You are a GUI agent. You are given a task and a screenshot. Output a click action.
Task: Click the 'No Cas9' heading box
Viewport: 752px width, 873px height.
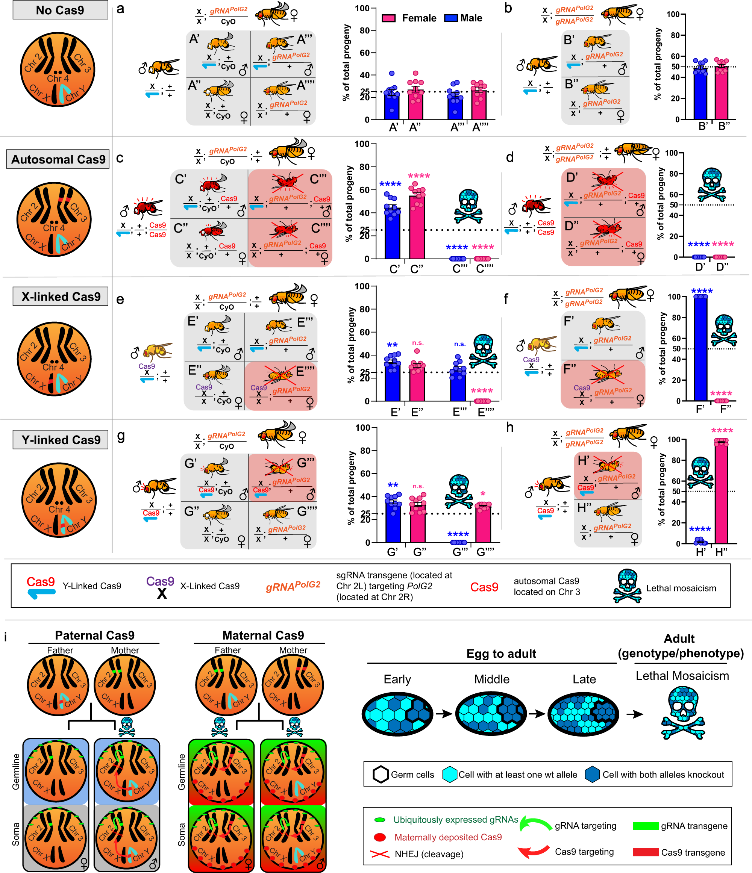tap(60, 10)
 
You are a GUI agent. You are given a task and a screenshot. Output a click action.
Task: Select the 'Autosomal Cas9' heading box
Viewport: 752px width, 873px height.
tap(58, 159)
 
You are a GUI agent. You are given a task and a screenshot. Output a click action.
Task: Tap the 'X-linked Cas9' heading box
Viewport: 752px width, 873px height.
tap(60, 297)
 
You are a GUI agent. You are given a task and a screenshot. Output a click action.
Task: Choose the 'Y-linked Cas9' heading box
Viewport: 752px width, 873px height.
tap(60, 440)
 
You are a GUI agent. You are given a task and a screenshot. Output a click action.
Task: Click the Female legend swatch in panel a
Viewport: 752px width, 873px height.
tap(388, 18)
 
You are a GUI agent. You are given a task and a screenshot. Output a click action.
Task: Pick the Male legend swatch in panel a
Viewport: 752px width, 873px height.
tap(451, 18)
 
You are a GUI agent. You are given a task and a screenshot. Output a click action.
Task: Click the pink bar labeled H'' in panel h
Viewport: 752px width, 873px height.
tap(721, 493)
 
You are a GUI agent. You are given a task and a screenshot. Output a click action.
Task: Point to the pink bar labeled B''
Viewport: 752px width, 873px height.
tap(721, 93)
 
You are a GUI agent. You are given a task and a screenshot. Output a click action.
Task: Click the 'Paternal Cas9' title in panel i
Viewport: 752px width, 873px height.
tap(94, 635)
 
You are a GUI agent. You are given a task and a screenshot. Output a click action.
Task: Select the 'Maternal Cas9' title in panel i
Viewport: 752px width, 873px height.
tap(263, 635)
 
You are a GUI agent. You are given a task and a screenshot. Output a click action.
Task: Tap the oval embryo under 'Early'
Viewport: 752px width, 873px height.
tap(397, 714)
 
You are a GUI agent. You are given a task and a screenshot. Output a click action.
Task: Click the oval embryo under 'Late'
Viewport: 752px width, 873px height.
tap(583, 714)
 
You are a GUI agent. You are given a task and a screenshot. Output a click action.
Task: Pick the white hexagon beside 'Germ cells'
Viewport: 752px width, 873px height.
tap(381, 775)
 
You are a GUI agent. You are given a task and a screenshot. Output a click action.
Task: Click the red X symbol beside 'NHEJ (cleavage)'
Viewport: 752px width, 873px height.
tap(379, 854)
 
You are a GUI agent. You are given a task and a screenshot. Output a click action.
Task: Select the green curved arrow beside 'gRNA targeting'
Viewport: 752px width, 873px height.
tap(535, 823)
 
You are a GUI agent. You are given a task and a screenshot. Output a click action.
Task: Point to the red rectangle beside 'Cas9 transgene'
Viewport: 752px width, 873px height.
tap(645, 852)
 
